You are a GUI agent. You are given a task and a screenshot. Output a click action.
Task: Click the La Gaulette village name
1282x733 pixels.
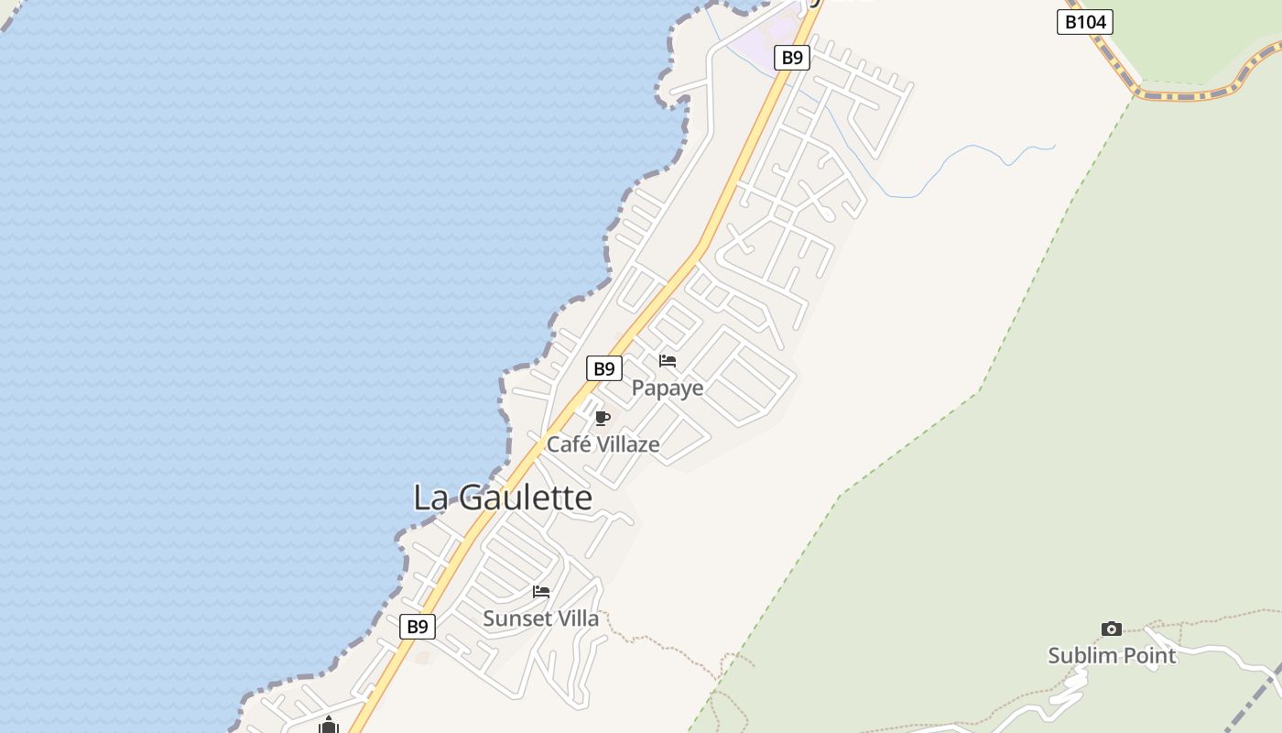[503, 498]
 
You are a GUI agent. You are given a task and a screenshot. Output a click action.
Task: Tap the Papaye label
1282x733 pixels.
[668, 388]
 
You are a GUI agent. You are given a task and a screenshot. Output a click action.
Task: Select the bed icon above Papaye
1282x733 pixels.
[668, 361]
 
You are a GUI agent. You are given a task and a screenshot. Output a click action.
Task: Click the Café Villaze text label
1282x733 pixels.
[603, 444]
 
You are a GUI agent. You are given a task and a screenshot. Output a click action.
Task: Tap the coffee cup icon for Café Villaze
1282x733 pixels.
[602, 419]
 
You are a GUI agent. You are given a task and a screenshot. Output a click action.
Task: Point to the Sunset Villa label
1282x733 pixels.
[540, 618]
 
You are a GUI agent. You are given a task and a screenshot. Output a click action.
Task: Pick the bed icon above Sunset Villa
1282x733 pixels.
[541, 592]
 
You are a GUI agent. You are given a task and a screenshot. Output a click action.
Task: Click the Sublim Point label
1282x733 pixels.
[1112, 655]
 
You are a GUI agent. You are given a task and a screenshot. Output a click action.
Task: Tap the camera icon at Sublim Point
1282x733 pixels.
[1112, 629]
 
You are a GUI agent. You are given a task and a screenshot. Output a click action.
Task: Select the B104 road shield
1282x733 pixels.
[1085, 22]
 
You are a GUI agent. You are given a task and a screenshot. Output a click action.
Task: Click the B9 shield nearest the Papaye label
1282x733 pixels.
[603, 368]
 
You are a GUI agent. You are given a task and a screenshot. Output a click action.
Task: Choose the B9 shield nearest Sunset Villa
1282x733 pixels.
[418, 627]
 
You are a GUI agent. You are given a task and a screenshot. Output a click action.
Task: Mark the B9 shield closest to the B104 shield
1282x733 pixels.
[792, 58]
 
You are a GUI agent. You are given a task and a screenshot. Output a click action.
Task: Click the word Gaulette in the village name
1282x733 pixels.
[525, 498]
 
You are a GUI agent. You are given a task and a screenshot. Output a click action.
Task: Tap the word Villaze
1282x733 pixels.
[627, 444]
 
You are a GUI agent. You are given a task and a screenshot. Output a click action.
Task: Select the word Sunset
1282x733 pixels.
[514, 618]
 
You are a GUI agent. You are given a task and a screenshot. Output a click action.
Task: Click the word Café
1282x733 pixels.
[568, 444]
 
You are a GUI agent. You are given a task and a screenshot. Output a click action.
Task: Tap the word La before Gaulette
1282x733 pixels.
[429, 498]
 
